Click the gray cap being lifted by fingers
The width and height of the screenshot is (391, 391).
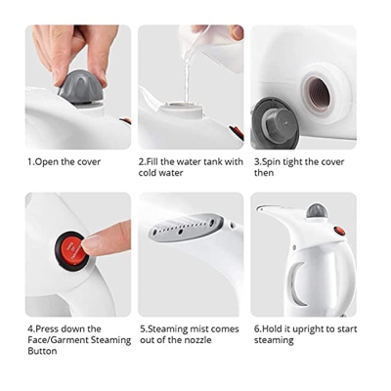(x=81, y=87)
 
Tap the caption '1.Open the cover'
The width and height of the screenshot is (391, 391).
(x=64, y=162)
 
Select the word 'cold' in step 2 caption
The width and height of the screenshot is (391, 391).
(x=149, y=173)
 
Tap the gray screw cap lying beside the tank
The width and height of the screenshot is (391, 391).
(x=275, y=123)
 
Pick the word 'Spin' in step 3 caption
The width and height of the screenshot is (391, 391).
(x=272, y=162)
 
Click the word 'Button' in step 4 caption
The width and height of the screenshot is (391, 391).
(x=42, y=351)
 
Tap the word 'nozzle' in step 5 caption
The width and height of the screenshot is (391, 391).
(x=197, y=340)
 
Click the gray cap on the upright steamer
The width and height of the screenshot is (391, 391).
(x=317, y=211)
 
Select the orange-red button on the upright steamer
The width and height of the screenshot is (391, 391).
(x=340, y=231)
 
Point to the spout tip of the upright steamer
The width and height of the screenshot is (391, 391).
(x=259, y=208)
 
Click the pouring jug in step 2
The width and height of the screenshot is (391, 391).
(x=212, y=46)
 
